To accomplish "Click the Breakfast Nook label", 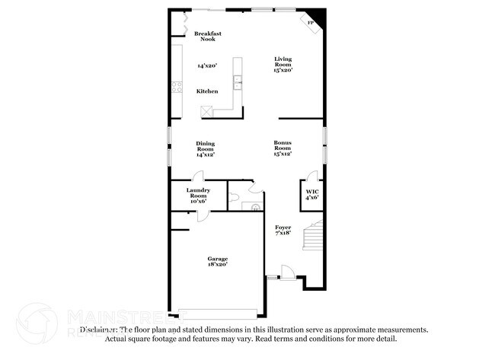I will [x=208, y=36].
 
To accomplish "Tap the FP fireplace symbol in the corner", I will [x=311, y=23].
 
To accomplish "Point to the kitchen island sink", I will [x=238, y=82].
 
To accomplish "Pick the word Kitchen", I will [x=207, y=91].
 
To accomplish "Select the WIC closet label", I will [x=312, y=194].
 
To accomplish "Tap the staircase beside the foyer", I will [x=313, y=235].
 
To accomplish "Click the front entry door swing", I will [x=286, y=271].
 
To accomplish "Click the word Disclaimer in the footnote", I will [x=98, y=330].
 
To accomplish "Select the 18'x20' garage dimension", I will [x=218, y=265].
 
